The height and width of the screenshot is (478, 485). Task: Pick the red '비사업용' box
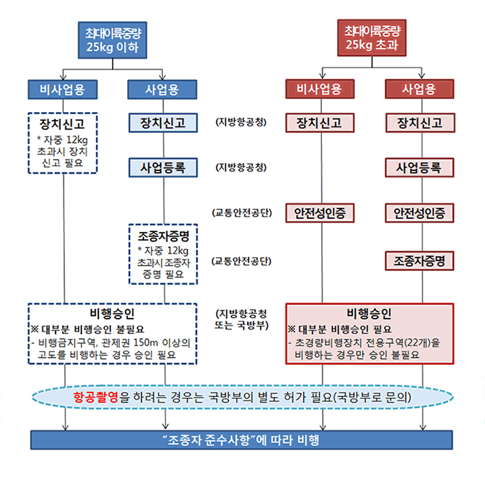point(321,89)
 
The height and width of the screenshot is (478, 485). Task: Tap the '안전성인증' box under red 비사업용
point(321,212)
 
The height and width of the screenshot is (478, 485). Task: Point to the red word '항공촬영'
point(96,396)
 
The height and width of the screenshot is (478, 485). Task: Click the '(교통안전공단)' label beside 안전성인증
point(242,212)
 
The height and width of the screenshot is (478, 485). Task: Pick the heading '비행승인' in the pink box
point(369,314)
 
